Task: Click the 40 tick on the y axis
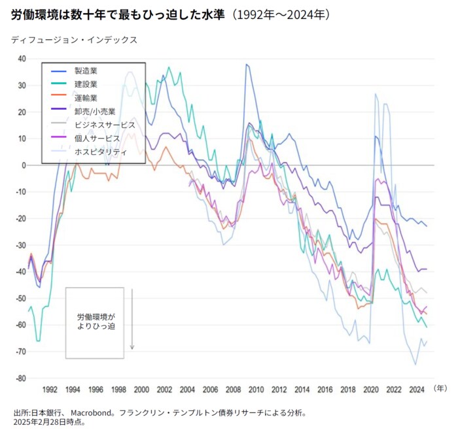click(21, 59)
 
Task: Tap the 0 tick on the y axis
click(23, 165)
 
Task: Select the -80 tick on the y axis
click(21, 378)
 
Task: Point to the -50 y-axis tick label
click(21, 299)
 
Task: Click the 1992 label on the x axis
click(50, 390)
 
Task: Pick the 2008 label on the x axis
click(234, 390)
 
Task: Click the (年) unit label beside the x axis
click(440, 388)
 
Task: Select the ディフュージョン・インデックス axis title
click(74, 39)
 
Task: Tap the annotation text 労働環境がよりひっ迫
click(96, 320)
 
